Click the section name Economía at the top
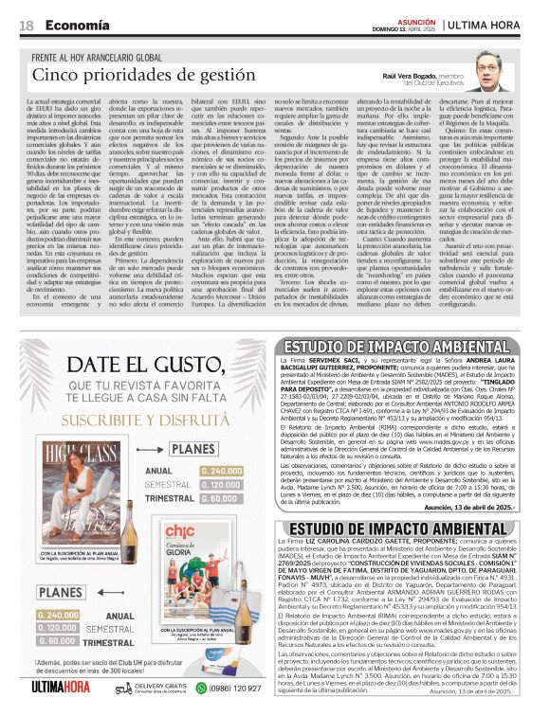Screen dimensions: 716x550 pos(74,26)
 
